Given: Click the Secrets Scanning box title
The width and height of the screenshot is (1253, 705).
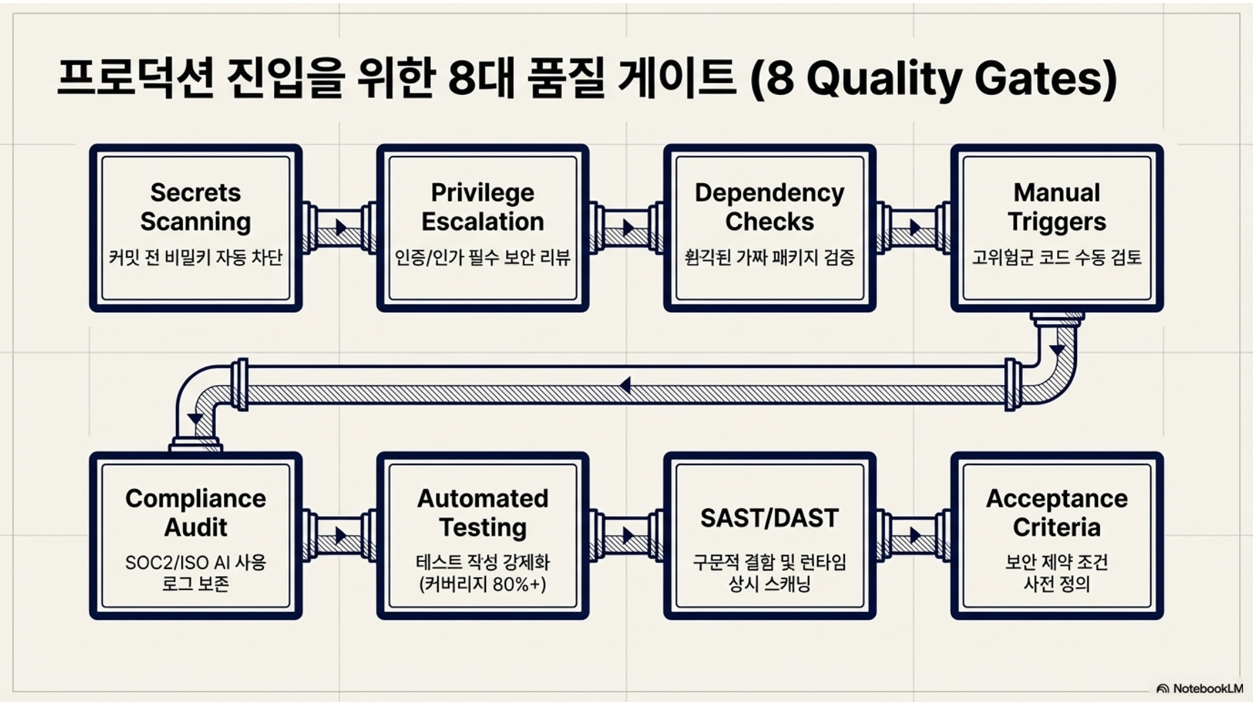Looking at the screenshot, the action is tap(196, 207).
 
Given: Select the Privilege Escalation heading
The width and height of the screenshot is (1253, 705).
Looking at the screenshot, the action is tap(482, 207).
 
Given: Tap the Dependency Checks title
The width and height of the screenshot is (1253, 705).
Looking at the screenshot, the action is tap(769, 207).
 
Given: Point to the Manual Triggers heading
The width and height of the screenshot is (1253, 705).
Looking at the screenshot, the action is tap(1056, 207).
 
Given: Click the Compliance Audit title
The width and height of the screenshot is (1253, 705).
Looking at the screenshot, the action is tap(196, 513).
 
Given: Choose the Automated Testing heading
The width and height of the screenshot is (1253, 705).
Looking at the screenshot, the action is tap(482, 513).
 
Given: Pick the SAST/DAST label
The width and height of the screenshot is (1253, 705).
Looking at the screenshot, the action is tap(769, 518).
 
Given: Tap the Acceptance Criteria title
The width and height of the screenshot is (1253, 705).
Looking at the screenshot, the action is tap(1056, 513).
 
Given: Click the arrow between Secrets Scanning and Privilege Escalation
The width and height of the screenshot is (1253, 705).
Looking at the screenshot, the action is tap(341, 227).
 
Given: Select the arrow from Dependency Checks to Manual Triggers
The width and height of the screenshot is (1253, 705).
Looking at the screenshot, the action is tap(915, 227).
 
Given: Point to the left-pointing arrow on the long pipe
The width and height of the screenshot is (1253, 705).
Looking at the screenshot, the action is tap(625, 386).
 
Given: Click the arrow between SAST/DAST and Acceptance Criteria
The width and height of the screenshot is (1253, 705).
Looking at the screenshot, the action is tap(915, 535).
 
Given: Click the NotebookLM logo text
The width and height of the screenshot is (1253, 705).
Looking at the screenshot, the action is tap(1207, 689).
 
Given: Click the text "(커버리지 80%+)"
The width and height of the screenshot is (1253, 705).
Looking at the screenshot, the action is tap(482, 585).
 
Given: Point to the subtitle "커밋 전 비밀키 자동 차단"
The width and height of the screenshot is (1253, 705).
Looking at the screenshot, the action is tap(196, 257).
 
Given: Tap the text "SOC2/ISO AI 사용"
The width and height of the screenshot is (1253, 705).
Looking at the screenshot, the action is tap(196, 563).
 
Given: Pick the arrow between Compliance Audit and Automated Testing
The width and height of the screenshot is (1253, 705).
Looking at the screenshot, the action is tap(341, 535).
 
